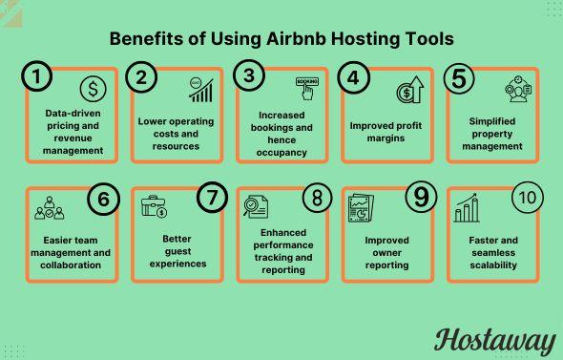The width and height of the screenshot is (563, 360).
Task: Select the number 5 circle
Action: [x=461, y=78]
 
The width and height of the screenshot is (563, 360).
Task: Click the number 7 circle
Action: [x=212, y=198]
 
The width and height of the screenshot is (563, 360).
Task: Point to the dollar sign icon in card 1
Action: [x=93, y=91]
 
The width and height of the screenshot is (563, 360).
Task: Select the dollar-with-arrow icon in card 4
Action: [x=410, y=91]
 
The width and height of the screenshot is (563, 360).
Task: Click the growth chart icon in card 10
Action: [x=467, y=207]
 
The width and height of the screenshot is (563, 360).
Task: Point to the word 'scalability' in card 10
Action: [x=495, y=265]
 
